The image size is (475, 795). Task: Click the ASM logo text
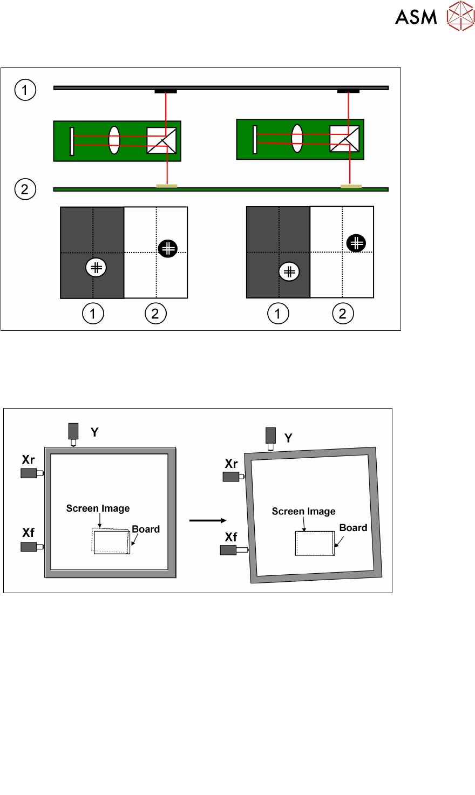416,17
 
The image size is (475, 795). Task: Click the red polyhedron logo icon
460,16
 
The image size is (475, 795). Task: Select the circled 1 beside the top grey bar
25,90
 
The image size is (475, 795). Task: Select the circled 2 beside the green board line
25,189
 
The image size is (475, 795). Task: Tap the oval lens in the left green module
114,140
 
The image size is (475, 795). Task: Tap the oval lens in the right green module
297,138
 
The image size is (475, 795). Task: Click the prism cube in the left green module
161,141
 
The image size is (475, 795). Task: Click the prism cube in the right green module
344,139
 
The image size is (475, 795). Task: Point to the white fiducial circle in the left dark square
96,267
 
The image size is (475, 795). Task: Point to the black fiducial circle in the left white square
168,248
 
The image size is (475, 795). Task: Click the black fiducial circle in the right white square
356,243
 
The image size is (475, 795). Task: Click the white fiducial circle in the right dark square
289,271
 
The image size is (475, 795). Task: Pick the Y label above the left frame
94,432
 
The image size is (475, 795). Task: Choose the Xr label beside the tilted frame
231,464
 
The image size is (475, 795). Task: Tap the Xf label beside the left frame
29,533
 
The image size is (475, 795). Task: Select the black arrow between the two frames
207,520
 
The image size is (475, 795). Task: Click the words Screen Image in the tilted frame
303,511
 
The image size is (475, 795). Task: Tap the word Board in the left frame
146,529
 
